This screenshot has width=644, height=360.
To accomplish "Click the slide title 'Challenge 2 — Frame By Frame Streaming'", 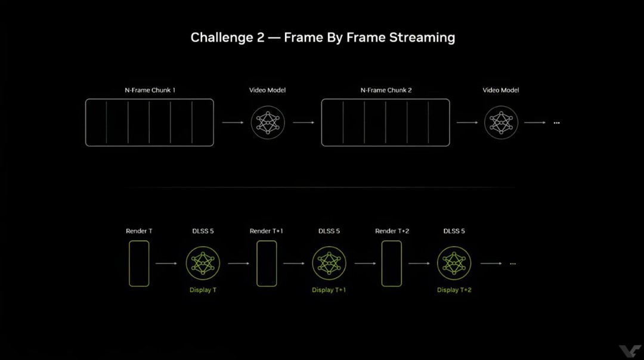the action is tap(323, 38).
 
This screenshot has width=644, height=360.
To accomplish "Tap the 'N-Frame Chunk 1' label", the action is tap(150, 90).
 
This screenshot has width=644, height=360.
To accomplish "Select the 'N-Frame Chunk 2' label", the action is tap(386, 90).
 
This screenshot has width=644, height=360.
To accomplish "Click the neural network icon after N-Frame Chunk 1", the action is tap(268, 122).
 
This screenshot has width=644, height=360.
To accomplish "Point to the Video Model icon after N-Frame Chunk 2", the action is tap(501, 122).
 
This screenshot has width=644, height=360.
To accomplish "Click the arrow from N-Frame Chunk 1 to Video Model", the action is tap(233, 122).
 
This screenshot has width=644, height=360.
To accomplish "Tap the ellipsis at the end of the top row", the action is tap(556, 123).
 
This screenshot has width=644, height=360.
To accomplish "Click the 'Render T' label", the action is tap(139, 231).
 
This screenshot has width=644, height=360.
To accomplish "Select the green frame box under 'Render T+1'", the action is tap(267, 263).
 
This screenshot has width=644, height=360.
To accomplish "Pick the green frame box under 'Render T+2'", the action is tap(391, 263).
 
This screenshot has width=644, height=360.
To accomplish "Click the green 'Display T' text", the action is tap(203, 290).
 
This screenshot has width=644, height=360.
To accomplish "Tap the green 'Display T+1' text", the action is tap(329, 290).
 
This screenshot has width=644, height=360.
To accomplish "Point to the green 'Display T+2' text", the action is tap(454, 290).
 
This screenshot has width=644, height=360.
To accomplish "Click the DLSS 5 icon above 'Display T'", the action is tap(203, 263).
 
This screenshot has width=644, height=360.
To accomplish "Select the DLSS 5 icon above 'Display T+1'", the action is tap(329, 263).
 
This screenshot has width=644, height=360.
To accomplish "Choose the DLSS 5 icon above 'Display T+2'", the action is tap(454, 263).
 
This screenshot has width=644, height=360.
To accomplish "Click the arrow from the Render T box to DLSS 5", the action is tap(166, 263).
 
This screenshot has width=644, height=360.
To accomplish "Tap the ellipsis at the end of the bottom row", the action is tap(513, 263).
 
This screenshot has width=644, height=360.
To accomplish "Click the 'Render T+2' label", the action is tap(392, 231).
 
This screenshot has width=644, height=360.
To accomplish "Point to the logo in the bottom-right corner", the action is tap(630, 352).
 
